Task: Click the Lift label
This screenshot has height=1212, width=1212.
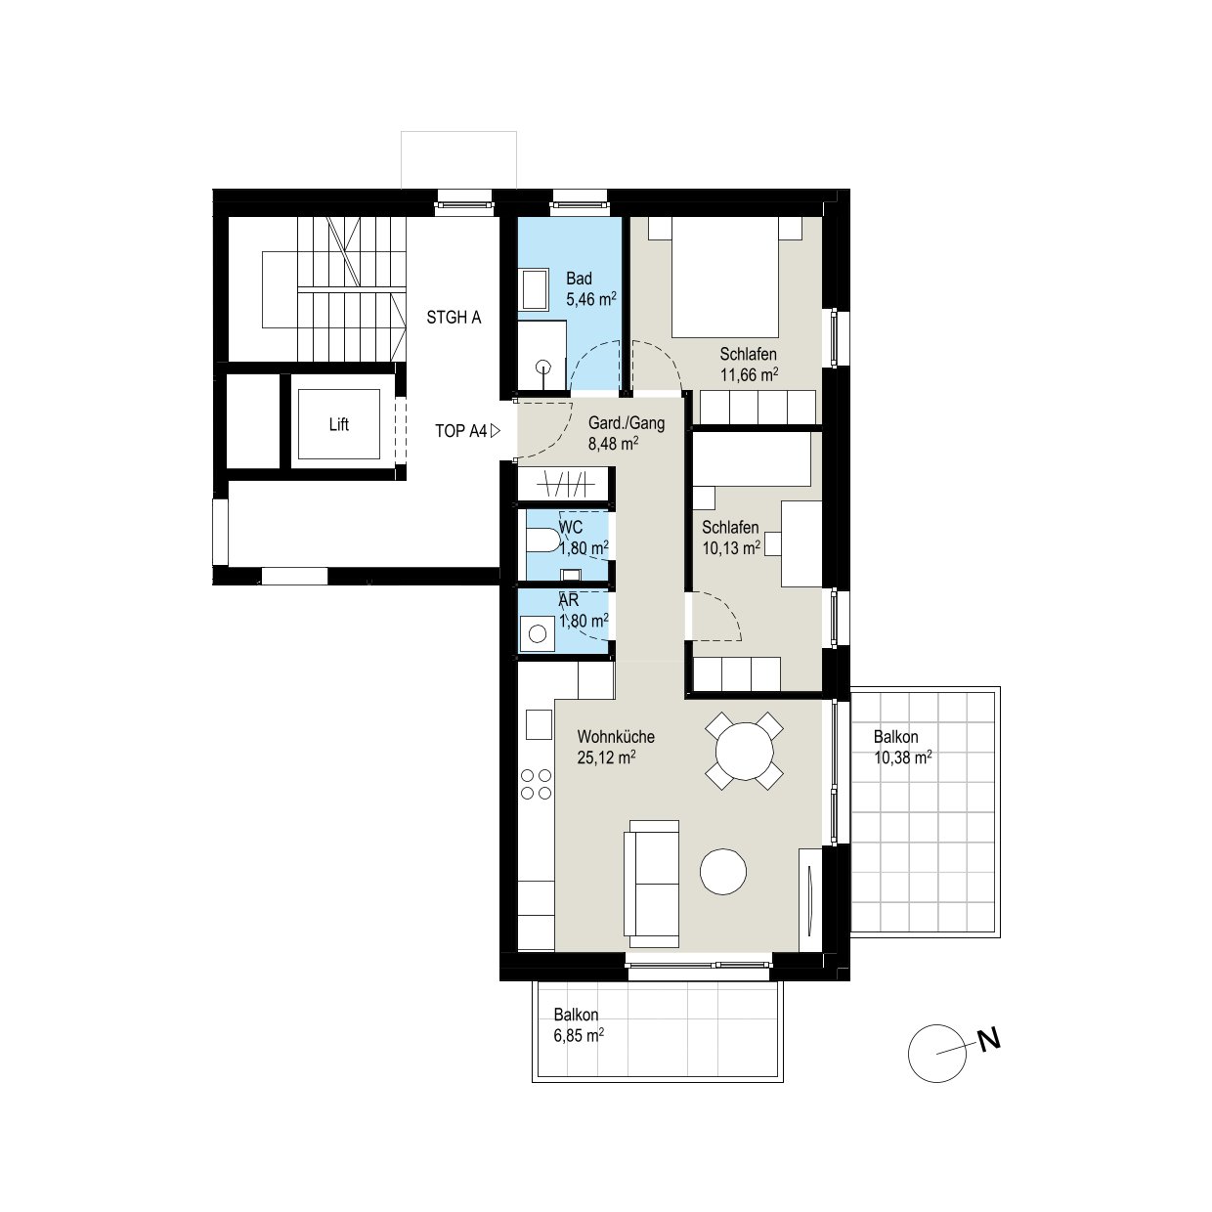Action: (x=338, y=424)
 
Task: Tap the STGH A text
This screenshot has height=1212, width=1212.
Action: (x=454, y=318)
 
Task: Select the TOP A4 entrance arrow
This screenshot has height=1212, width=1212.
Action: (x=495, y=431)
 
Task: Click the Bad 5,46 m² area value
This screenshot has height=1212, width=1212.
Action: (x=590, y=299)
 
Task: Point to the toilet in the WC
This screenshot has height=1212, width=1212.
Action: (x=542, y=541)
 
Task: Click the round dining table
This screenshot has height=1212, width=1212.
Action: (x=744, y=751)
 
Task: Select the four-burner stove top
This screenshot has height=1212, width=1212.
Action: (x=536, y=784)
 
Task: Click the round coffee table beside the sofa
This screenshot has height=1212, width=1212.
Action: (x=723, y=872)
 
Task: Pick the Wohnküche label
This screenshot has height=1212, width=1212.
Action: (x=616, y=737)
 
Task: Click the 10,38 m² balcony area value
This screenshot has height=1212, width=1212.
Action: (x=902, y=757)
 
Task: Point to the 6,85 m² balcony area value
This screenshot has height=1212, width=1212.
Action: (x=579, y=1035)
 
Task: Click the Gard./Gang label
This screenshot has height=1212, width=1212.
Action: (x=627, y=423)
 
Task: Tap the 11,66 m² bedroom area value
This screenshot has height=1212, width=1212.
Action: (x=749, y=375)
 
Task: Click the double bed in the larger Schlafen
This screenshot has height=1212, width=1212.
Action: (x=725, y=277)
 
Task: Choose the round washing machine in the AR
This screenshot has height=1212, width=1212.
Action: (x=538, y=633)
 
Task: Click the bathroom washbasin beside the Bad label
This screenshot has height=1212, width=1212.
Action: (x=534, y=289)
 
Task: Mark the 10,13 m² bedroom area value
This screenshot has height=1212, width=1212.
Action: (x=731, y=548)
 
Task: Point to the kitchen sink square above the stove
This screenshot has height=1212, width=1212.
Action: (x=539, y=724)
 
